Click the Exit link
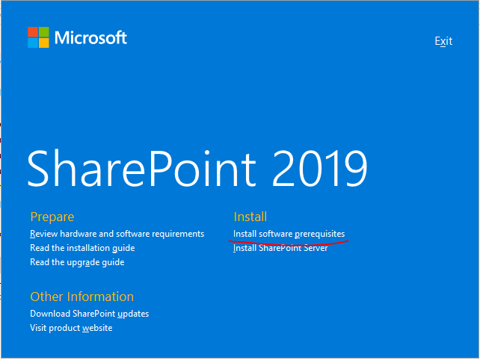(443, 41)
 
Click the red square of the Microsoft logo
(33, 31)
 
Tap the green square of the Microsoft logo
(44, 31)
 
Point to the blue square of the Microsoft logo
(33, 43)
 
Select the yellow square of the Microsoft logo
(44, 43)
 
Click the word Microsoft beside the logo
(90, 37)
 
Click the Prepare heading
(52, 217)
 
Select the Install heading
(250, 217)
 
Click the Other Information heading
(81, 297)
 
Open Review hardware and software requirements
(117, 234)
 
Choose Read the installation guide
(82, 248)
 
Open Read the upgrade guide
(77, 262)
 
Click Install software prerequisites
(289, 234)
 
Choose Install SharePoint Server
(280, 249)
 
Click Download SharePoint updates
(89, 314)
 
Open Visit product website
(71, 328)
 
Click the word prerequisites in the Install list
(319, 234)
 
